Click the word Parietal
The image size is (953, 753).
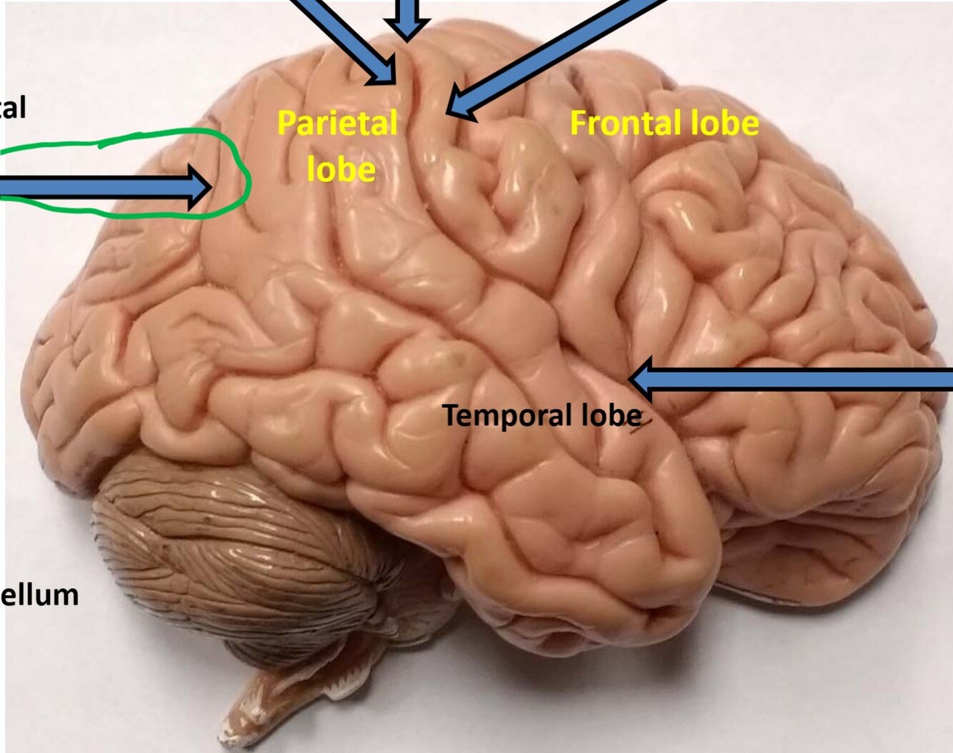pyautogui.click(x=336, y=123)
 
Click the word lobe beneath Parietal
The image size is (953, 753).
pyautogui.click(x=341, y=169)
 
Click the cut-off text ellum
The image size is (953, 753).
pyautogui.click(x=39, y=594)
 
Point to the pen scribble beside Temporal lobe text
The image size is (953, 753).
pyautogui.click(x=636, y=427)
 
